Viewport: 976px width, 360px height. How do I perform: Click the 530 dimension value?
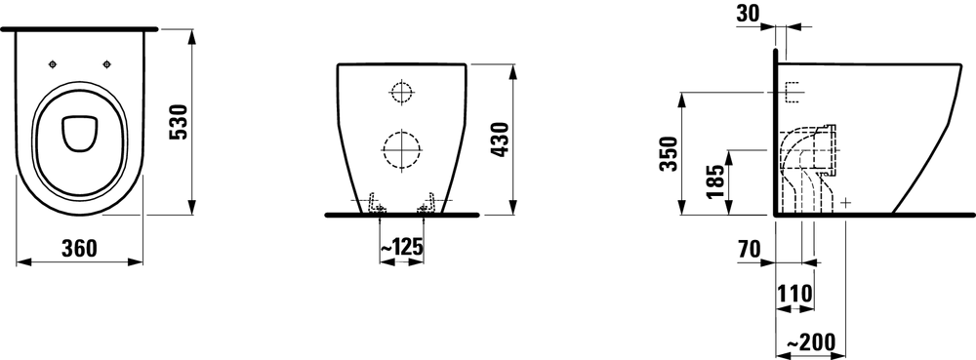point(179,123)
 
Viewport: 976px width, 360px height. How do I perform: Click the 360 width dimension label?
point(80,249)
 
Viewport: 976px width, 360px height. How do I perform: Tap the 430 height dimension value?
point(500,140)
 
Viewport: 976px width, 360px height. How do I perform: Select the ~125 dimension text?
point(401,247)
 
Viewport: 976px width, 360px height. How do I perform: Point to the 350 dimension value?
point(669,153)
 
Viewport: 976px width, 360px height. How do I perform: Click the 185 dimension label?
point(715,181)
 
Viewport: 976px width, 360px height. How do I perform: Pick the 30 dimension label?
point(749,14)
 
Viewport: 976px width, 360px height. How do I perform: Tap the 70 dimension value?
point(749,250)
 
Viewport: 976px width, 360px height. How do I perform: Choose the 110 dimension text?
point(794,294)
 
